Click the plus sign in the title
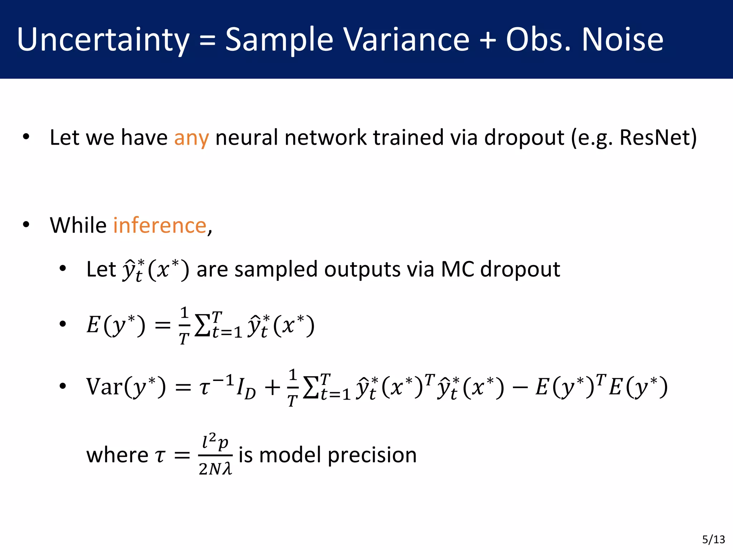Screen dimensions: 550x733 coord(487,40)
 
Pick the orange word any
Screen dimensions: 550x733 coord(191,138)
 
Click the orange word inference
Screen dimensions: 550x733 coord(160,226)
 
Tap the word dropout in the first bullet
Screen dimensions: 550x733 coord(524,138)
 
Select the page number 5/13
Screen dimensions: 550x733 coord(713,539)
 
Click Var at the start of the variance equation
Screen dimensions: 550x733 coord(105,387)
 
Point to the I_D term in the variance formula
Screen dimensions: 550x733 coord(246,389)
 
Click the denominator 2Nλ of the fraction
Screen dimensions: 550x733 coord(215,469)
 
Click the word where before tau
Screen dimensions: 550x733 coord(117,455)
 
